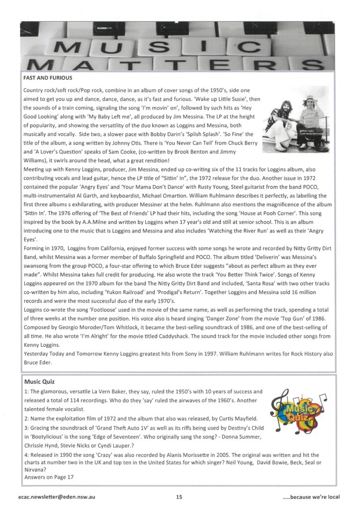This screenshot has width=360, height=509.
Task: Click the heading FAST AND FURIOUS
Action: point(48,78)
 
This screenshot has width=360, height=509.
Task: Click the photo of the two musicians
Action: point(296,120)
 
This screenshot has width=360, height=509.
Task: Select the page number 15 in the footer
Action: point(179,497)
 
